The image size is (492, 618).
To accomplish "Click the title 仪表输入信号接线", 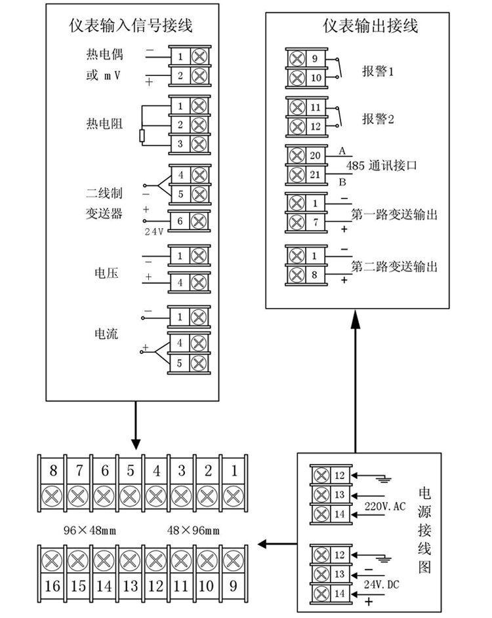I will (134, 26).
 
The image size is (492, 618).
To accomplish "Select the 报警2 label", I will (378, 119).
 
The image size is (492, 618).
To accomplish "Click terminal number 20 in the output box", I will (315, 156).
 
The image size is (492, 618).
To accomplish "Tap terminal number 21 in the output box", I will (315, 175).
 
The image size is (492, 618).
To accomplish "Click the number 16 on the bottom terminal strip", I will (53, 585).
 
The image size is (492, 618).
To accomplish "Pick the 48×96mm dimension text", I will (194, 529).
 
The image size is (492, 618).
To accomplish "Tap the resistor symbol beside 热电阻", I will (142, 135).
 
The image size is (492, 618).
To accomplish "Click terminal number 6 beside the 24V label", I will (180, 221).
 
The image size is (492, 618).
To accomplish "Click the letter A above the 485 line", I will (342, 151).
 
